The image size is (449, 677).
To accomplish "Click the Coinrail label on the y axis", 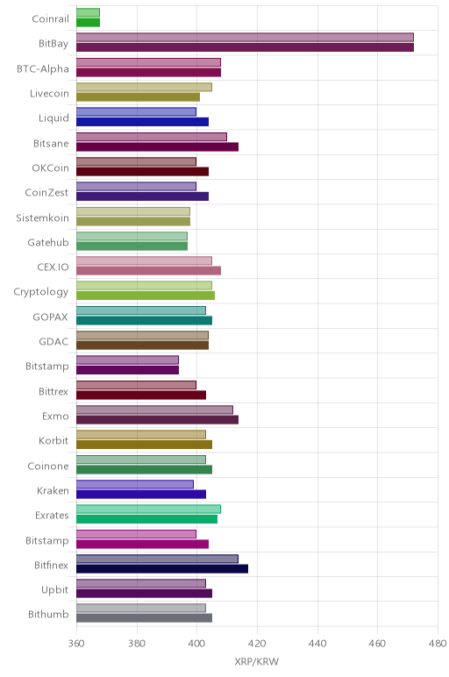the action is [x=50, y=19].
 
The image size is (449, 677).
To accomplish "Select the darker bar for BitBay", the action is [x=246, y=47].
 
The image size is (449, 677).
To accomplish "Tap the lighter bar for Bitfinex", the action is [x=157, y=559].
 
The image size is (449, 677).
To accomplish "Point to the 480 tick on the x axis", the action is [x=438, y=644].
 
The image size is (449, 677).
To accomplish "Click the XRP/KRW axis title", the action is [x=256, y=661].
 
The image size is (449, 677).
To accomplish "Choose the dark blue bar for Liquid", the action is [x=142, y=122].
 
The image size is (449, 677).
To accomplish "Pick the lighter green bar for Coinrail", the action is [x=88, y=12].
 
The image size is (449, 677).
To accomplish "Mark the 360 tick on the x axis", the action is [x=76, y=644].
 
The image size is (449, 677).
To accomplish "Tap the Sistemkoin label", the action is [x=42, y=217].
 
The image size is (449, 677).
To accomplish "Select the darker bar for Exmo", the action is [x=158, y=420].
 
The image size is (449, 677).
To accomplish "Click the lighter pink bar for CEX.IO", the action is [x=144, y=260].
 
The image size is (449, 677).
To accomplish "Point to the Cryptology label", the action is [x=41, y=292].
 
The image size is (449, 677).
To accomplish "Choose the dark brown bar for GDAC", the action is [x=142, y=346].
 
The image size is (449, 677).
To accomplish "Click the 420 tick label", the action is [x=257, y=644].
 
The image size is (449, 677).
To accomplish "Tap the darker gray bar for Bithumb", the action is [x=144, y=618].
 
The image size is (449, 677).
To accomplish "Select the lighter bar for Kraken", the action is [x=135, y=484].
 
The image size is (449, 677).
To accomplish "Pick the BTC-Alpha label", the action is [x=43, y=69].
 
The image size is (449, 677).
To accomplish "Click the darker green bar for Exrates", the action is [x=146, y=519].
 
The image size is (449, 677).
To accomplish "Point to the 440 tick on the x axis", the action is [x=317, y=644].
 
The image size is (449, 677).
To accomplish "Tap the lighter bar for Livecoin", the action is [x=144, y=87].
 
